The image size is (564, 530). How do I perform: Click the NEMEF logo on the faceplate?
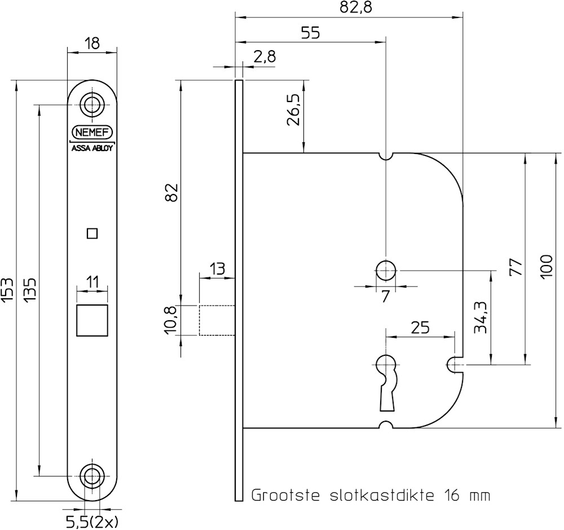tap(92, 132)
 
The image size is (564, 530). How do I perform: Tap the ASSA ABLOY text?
tap(92, 149)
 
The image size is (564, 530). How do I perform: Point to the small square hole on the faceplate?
tap(92, 233)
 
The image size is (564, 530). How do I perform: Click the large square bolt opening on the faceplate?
tap(92, 320)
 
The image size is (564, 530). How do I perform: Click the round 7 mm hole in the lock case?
tap(386, 271)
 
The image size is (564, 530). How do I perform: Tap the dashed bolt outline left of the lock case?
tap(217, 320)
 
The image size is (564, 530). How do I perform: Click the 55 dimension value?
tap(310, 33)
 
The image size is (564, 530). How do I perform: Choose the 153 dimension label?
tap(7, 290)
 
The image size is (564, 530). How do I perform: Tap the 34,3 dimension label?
tap(480, 317)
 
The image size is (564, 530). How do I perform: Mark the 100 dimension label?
tap(546, 267)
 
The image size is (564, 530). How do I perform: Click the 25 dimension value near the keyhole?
tap(420, 327)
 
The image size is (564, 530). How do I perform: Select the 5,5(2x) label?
tap(92, 522)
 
